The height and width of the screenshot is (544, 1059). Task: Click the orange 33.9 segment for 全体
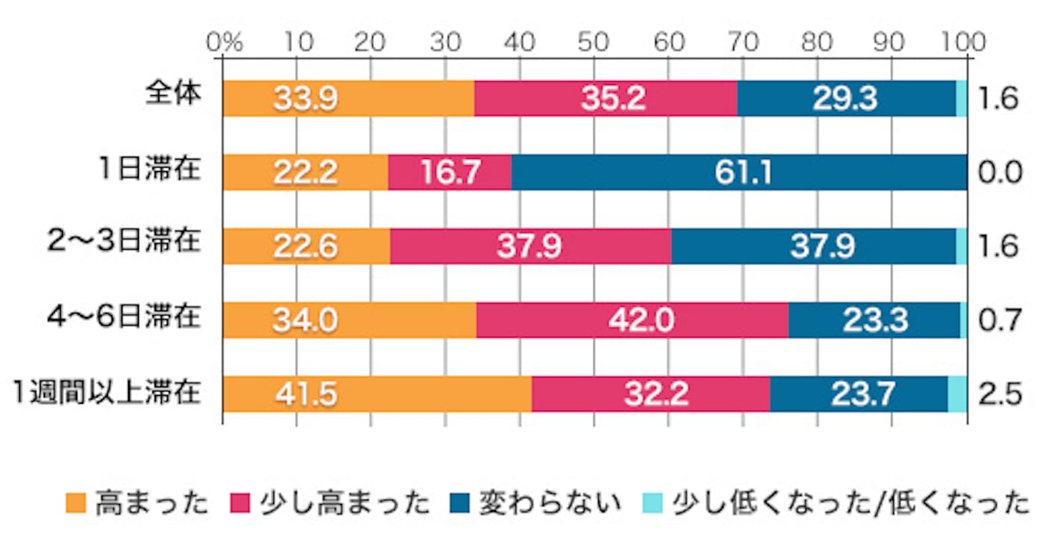point(348,99)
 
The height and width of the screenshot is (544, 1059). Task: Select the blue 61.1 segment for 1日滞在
point(739,173)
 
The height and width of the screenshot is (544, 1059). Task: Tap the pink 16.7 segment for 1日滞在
point(449,173)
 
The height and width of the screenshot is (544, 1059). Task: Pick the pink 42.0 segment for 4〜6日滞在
point(632,319)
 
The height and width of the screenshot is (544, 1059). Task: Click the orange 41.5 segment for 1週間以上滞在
point(377,394)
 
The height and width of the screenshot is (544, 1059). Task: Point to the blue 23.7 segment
point(859,394)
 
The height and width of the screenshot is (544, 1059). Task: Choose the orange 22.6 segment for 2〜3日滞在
point(306,246)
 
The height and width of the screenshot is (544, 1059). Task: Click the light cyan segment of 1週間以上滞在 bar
point(957,394)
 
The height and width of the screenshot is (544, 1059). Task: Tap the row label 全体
point(172,95)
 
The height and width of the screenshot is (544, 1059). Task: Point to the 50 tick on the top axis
point(594,43)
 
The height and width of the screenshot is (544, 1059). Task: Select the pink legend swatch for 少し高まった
point(239,504)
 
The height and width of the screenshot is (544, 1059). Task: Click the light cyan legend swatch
point(653,504)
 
